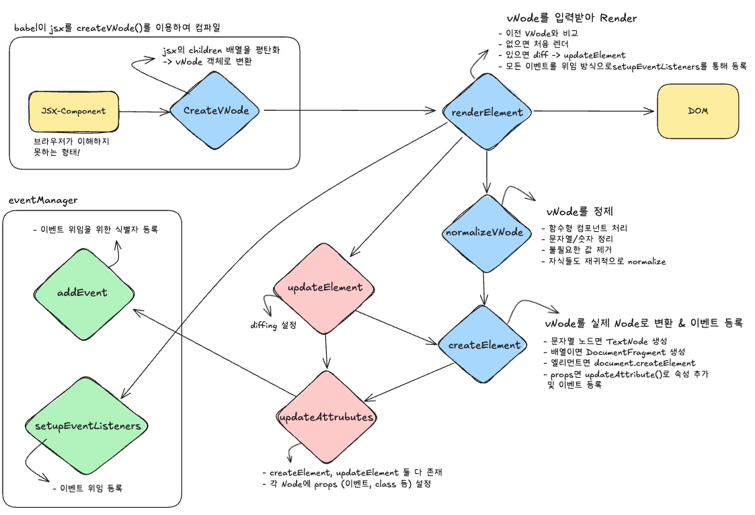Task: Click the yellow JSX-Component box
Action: (x=73, y=111)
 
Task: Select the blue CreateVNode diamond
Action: (x=215, y=111)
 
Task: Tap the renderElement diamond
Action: (x=487, y=112)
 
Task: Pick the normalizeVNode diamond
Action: (x=484, y=233)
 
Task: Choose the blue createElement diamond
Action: (x=484, y=345)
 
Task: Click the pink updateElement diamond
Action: (x=325, y=288)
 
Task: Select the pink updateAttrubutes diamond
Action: (x=326, y=417)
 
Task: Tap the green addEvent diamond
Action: (x=82, y=293)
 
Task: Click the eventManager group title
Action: (x=43, y=200)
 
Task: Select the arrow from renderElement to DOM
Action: (x=592, y=111)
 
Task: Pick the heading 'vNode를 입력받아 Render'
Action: (x=571, y=18)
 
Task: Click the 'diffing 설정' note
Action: (x=273, y=325)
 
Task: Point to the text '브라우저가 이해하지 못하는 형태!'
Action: (x=71, y=148)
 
